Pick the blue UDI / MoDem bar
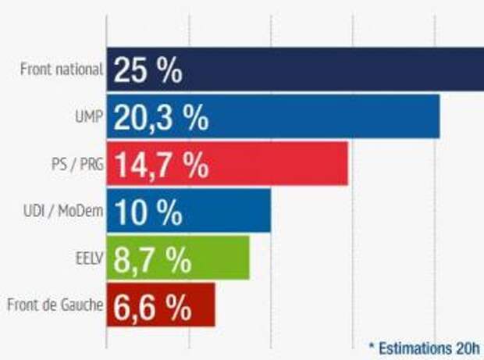[x=226, y=211]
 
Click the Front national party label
[x=62, y=69]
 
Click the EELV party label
[x=88, y=258]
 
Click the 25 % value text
[x=148, y=70]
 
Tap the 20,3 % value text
[x=161, y=117]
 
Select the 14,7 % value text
[x=161, y=165]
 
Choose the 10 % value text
[x=148, y=212]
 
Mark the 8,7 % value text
[x=153, y=258]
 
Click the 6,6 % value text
[x=153, y=305]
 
